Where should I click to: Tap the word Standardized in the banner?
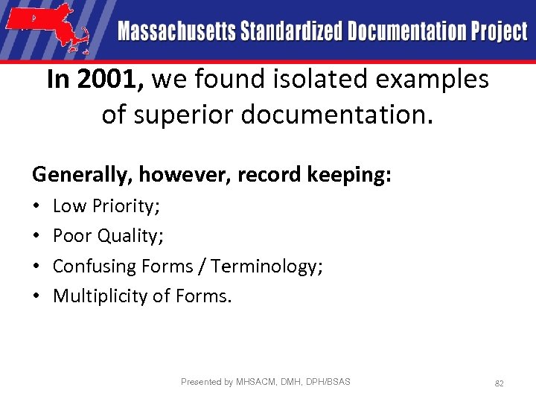(x=277, y=31)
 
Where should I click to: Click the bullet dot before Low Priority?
(x=36, y=206)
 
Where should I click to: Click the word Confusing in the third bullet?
(x=89, y=266)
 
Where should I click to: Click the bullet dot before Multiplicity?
(x=36, y=296)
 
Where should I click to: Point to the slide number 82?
(x=500, y=383)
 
